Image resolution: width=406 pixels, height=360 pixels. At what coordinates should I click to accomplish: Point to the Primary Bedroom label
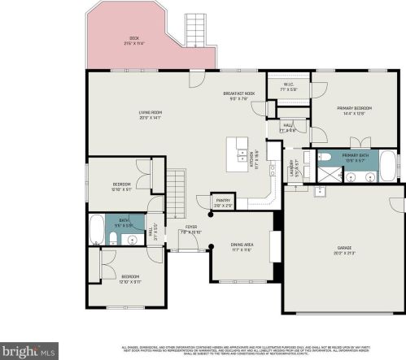[x=355, y=111]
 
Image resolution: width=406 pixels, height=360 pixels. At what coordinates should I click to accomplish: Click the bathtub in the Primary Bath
[x=388, y=165]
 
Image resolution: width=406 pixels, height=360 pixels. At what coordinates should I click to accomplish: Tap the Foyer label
[x=190, y=229]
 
